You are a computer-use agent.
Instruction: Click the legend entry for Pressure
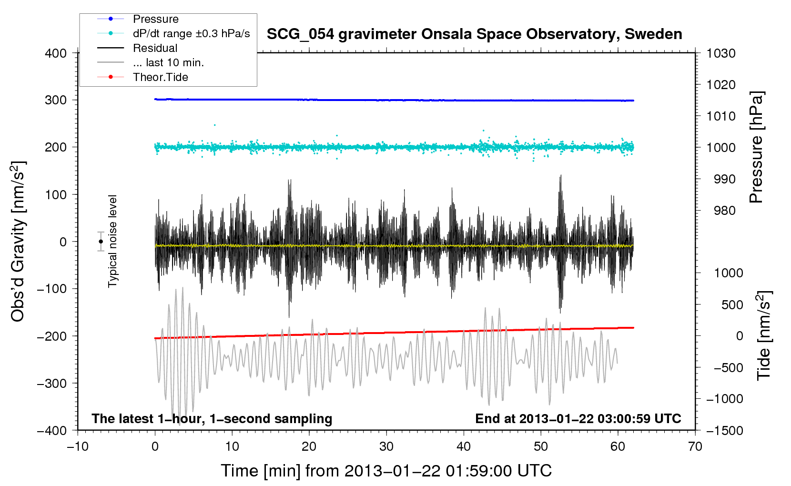click(x=155, y=19)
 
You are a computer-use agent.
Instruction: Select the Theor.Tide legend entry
click(x=160, y=77)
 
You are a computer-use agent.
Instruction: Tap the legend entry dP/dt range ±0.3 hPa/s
click(x=191, y=33)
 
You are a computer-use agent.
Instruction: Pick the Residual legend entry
click(x=155, y=48)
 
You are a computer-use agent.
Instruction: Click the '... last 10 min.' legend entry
click(x=168, y=62)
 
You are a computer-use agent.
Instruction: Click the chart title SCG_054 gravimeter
click(x=474, y=34)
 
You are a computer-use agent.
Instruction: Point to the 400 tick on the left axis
click(x=56, y=53)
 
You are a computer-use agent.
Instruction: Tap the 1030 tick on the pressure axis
click(x=721, y=53)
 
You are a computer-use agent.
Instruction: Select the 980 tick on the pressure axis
click(x=724, y=211)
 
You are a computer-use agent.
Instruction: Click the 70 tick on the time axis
click(x=695, y=446)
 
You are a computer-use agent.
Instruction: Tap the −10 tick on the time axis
click(x=78, y=446)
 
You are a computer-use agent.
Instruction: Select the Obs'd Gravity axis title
click(x=18, y=242)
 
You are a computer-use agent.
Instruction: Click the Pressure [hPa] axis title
click(x=756, y=147)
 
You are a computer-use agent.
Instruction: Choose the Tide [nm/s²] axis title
click(x=764, y=335)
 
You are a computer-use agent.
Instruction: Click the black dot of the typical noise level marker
click(x=101, y=242)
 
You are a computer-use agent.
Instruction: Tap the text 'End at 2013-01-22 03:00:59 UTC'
click(x=578, y=419)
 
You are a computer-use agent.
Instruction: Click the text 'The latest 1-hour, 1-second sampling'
click(x=212, y=419)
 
